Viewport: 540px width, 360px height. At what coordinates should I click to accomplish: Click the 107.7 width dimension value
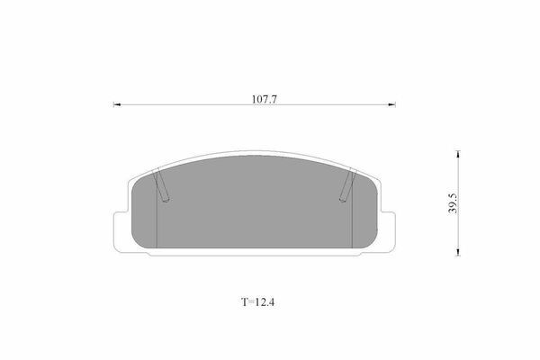click(x=264, y=99)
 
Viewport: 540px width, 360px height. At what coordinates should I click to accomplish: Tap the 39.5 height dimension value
click(x=453, y=203)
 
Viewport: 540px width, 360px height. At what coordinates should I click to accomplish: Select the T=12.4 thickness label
click(x=257, y=302)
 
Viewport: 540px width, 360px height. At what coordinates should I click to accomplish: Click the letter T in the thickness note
click(x=244, y=302)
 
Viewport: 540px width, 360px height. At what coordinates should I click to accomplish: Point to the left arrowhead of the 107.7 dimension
click(x=117, y=104)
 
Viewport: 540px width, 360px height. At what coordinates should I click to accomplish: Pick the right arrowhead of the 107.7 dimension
click(x=391, y=104)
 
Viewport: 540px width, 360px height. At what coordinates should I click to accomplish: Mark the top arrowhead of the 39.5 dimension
click(x=458, y=154)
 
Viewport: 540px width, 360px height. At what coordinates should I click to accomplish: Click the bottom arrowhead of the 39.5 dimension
click(x=458, y=252)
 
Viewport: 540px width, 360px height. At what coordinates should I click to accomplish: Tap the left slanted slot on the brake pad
click(x=161, y=184)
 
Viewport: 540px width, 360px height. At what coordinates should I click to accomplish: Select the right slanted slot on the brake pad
click(x=347, y=184)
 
